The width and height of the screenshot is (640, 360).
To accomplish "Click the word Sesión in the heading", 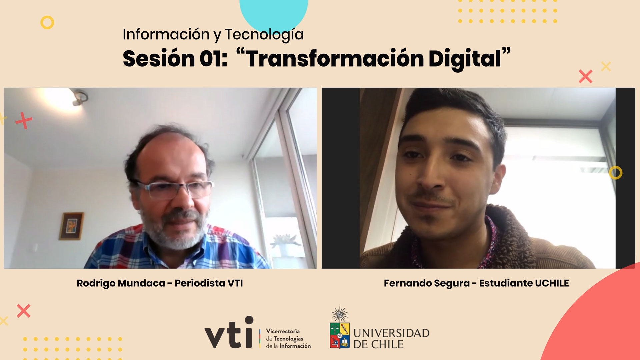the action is (159, 59).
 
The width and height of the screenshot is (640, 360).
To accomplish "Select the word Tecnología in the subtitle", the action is (264, 35).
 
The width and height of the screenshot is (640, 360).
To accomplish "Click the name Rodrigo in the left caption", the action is (96, 284).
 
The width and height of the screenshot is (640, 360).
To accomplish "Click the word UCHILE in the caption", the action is (552, 283).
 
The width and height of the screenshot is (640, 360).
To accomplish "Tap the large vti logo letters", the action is (229, 332).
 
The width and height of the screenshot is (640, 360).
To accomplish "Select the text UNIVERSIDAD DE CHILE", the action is (391, 338).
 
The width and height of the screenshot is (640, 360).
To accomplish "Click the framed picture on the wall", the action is (71, 226).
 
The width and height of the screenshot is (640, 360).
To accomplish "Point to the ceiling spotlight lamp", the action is (79, 97).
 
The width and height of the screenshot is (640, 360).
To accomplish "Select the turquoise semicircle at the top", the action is (274, 15).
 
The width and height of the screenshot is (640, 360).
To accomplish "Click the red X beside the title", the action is (586, 76).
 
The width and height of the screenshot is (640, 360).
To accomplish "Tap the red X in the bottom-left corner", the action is (24, 311).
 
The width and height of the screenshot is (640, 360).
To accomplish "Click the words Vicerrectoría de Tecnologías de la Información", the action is (288, 339).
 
